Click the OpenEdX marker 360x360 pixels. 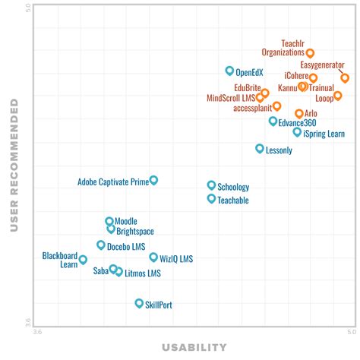tap(229, 71)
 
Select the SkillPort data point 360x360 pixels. tap(139, 303)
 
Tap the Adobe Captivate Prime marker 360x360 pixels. tap(153, 180)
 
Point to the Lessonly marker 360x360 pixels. tap(259, 149)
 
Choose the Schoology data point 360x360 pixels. tap(211, 185)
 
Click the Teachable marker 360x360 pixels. tap(211, 198)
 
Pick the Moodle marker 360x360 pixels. tap(109, 221)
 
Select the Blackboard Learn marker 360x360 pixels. tap(83, 260)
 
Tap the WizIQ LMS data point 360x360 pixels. tap(153, 257)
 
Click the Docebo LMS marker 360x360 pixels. tap(100, 245)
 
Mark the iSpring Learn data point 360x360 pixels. tap(297, 132)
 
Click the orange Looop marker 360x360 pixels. tap(338, 96)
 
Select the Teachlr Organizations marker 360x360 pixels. tap(310, 53)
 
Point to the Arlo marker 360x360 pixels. tap(298, 113)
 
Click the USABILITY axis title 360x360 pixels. tap(194, 348)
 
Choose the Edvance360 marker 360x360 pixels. tap(273, 121)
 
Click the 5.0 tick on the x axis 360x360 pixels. tap(348, 332)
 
